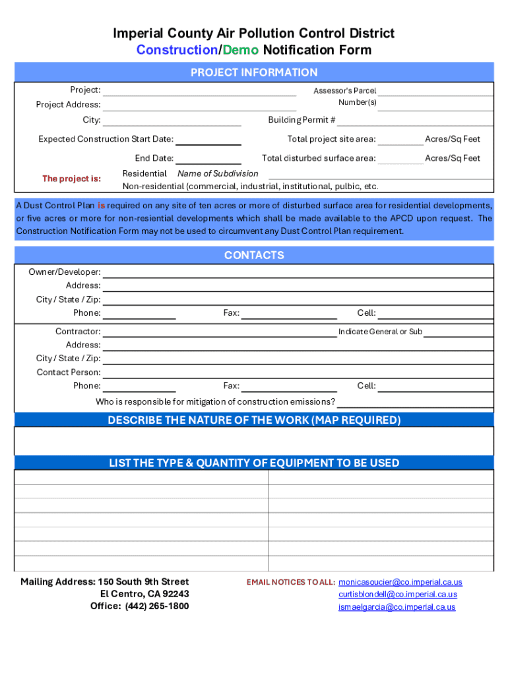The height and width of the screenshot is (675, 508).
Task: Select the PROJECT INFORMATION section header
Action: point(254,73)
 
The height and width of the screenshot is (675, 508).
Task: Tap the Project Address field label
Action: point(68,105)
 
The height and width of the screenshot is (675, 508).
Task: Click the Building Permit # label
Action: point(302,120)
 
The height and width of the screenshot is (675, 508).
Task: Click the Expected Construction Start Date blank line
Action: point(209,140)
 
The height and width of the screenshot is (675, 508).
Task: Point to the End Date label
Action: point(154,158)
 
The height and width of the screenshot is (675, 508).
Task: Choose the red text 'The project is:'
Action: point(71,179)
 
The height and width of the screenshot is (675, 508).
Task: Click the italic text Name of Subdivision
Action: point(218,173)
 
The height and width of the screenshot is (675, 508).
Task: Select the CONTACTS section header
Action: point(254,255)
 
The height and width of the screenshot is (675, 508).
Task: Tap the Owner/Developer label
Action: point(65,272)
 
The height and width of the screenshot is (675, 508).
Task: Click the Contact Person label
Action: point(69,372)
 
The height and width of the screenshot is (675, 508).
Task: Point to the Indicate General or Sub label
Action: point(380,332)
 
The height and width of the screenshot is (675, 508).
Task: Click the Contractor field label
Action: point(78,332)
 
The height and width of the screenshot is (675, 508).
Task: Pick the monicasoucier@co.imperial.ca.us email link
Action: point(400,582)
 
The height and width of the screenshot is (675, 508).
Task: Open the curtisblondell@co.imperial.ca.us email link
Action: point(398,595)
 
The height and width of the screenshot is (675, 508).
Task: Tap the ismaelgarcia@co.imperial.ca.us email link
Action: point(397,607)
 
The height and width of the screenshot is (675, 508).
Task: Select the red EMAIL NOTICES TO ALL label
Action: point(291,582)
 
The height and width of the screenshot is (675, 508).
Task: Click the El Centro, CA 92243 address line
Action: point(140,594)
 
